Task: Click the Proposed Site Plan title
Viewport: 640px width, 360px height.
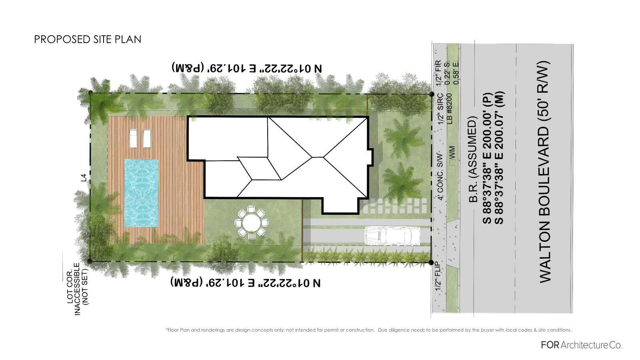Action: tap(88, 40)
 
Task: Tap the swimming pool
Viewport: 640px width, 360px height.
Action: tap(141, 193)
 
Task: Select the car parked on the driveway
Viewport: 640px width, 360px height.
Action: tap(392, 236)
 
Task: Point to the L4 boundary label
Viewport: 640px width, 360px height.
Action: tap(84, 178)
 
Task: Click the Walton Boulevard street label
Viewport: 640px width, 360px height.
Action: tap(544, 172)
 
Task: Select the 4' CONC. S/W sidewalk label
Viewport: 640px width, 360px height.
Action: tap(440, 177)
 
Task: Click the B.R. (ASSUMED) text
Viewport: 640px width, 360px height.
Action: tap(473, 160)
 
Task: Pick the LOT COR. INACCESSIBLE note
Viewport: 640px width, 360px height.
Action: tap(78, 289)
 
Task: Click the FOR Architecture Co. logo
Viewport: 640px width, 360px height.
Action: tap(581, 345)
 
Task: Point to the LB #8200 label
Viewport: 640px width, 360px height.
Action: tap(450, 108)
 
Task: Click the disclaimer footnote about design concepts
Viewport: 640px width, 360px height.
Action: tap(368, 330)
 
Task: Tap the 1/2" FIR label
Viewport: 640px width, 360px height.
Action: tap(438, 73)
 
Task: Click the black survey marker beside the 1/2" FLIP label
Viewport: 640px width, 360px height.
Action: tap(431, 262)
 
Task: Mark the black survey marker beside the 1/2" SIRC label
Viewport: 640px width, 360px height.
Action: tap(432, 94)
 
